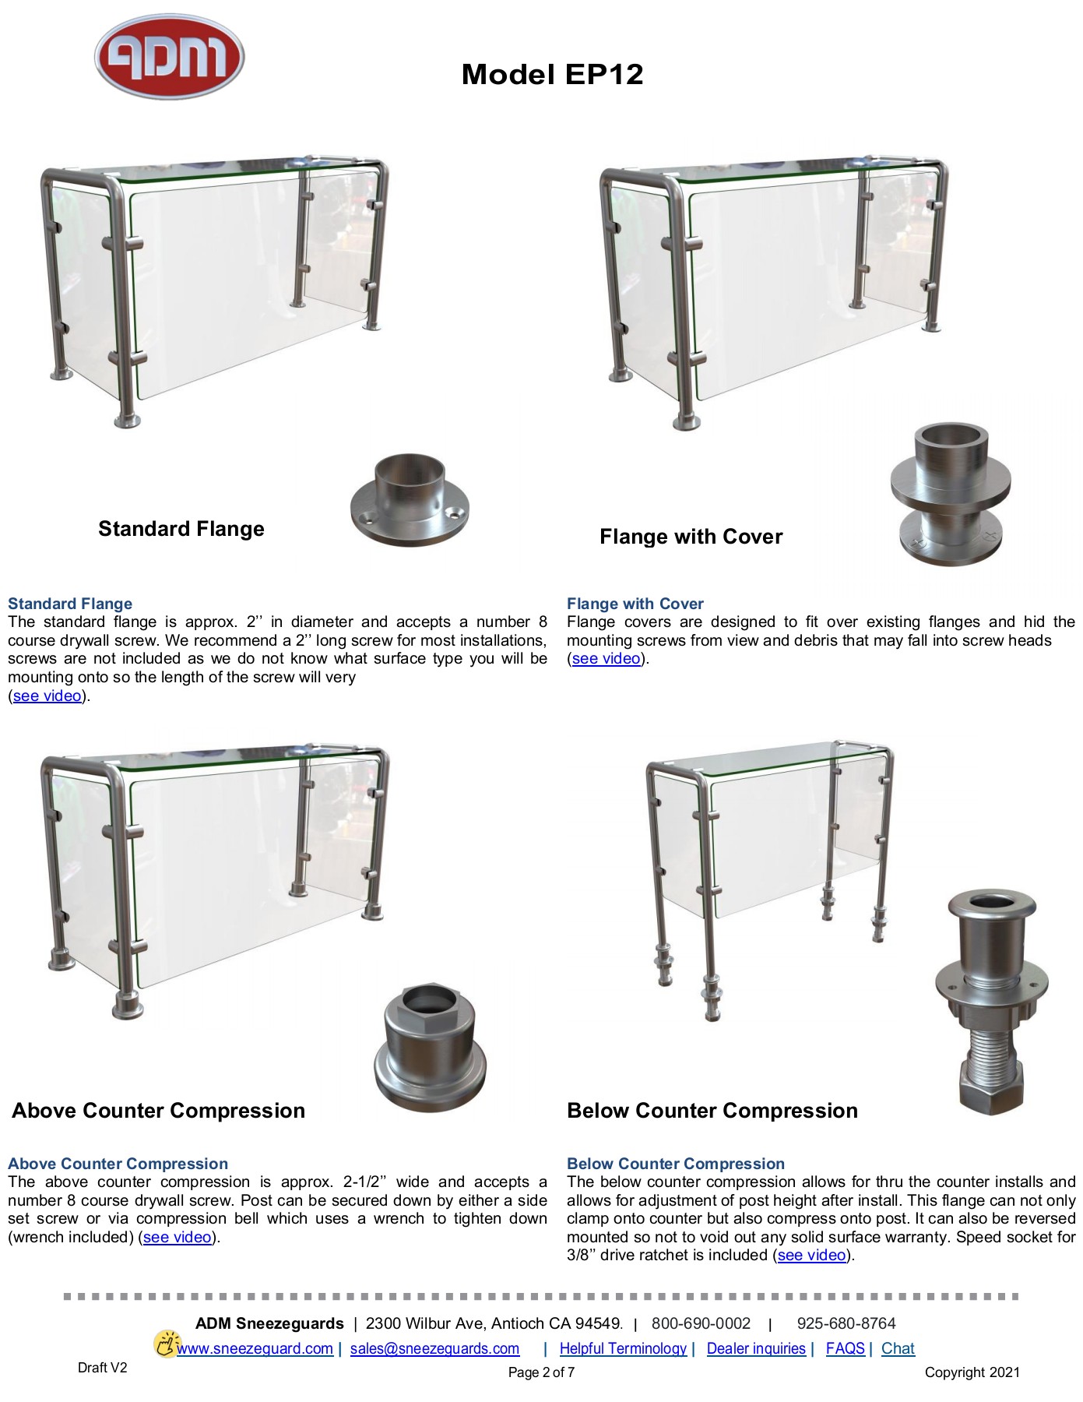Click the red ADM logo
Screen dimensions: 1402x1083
[169, 56]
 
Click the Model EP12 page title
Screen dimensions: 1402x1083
[552, 75]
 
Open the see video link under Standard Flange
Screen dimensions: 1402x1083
[47, 696]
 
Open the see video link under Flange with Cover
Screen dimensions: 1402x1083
[607, 659]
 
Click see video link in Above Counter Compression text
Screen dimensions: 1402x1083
[178, 1238]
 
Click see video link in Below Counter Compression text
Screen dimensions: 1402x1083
[812, 1256]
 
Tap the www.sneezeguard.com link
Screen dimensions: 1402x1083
[255, 1349]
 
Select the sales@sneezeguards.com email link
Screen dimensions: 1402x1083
[434, 1349]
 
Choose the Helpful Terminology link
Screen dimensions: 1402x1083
[623, 1349]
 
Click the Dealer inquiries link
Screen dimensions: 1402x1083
[756, 1349]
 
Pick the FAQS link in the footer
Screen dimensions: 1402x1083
[845, 1349]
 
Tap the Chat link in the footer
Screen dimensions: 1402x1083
[898, 1349]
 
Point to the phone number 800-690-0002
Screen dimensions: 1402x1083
[701, 1324]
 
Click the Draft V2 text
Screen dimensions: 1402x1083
[102, 1369]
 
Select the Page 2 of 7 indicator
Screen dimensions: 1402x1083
[541, 1373]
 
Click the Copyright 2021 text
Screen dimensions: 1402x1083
[972, 1373]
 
